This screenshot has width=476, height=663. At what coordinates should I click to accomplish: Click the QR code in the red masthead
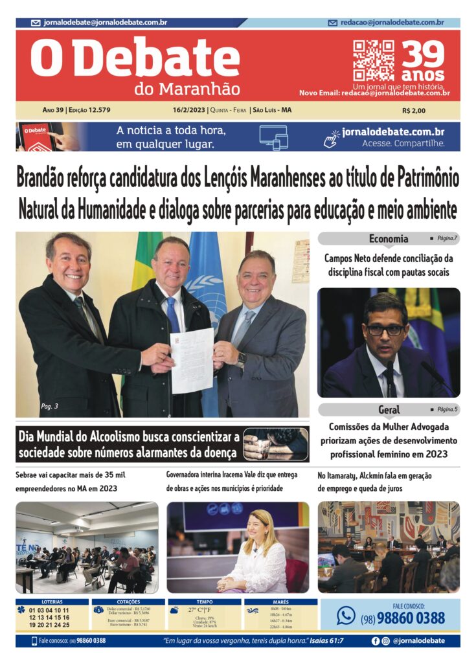pyautogui.click(x=373, y=60)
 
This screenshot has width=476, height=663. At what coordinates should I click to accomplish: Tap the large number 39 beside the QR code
pyautogui.click(x=423, y=54)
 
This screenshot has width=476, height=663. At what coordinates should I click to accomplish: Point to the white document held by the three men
pyautogui.click(x=192, y=360)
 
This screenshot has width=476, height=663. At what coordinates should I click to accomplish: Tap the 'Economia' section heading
pyautogui.click(x=389, y=238)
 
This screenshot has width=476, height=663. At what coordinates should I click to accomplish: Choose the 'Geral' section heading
pyautogui.click(x=389, y=409)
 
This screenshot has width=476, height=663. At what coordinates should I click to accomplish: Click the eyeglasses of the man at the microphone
pyautogui.click(x=386, y=330)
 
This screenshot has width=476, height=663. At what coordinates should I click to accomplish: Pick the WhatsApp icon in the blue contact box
pyautogui.click(x=346, y=615)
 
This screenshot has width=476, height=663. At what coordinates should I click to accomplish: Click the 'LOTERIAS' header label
pyautogui.click(x=52, y=602)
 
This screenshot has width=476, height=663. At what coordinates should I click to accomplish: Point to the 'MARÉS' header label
pyautogui.click(x=280, y=602)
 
